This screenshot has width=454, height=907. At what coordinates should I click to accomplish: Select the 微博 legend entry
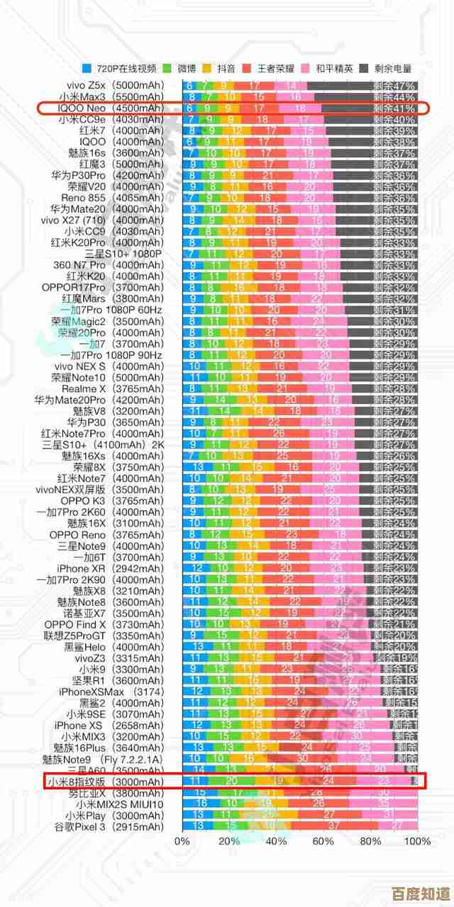click(182, 68)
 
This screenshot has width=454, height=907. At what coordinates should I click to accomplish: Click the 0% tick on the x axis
click(182, 841)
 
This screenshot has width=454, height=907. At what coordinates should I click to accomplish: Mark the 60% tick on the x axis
click(323, 841)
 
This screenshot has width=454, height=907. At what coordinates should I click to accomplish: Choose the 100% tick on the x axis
click(417, 841)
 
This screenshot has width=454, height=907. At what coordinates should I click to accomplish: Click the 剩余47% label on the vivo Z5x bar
click(394, 86)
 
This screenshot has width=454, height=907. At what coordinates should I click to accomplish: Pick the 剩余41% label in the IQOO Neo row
click(394, 108)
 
